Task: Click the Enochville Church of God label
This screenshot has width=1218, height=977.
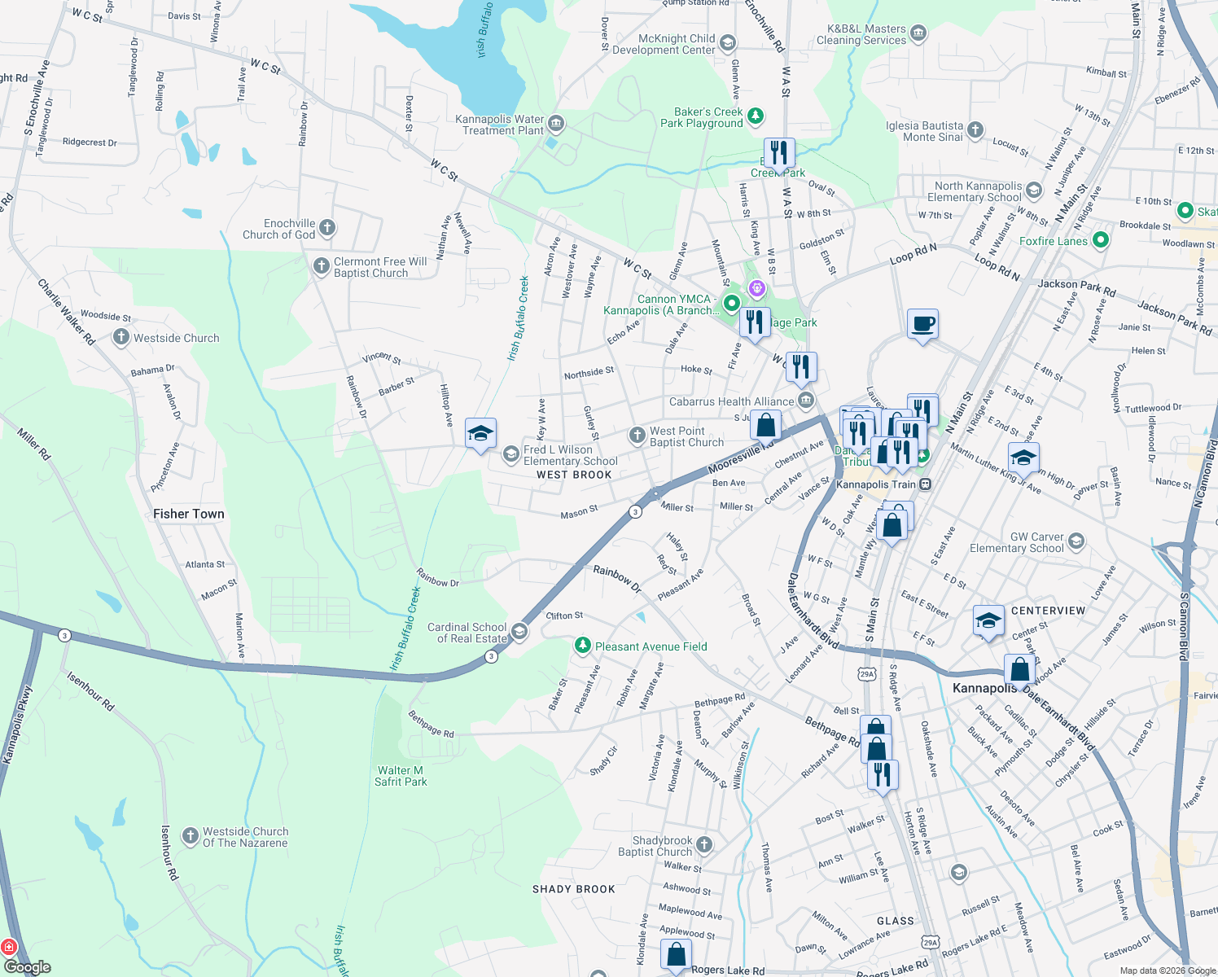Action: pos(278,229)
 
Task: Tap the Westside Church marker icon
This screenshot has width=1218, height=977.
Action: pos(121,337)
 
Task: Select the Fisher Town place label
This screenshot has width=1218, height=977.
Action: pos(188,514)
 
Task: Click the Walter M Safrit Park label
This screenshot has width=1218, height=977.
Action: pos(401,776)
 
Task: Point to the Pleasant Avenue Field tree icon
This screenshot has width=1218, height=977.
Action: pos(582,646)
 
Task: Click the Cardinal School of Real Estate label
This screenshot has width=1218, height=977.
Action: pos(467,633)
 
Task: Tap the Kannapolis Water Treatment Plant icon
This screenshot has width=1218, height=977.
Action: pos(556,124)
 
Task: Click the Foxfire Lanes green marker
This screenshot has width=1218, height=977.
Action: pos(1101,240)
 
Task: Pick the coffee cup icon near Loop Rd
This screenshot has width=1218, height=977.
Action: pos(922,324)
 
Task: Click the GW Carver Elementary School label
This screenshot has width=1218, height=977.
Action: pos(1017,542)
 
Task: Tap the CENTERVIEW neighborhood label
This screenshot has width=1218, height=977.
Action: pos(1048,611)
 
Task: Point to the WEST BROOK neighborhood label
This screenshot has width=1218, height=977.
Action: pos(574,475)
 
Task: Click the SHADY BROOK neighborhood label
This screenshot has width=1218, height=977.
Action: pos(573,889)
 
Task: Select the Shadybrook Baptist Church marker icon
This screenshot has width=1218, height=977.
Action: pos(704,844)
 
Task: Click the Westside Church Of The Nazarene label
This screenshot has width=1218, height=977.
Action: pos(245,837)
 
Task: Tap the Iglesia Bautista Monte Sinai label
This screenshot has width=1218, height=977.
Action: pos(924,131)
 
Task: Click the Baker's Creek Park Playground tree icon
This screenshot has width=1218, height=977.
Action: pos(756,116)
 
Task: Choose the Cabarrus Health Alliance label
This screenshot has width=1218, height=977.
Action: pos(731,401)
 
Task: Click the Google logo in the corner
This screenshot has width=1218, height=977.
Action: pos(28,967)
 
